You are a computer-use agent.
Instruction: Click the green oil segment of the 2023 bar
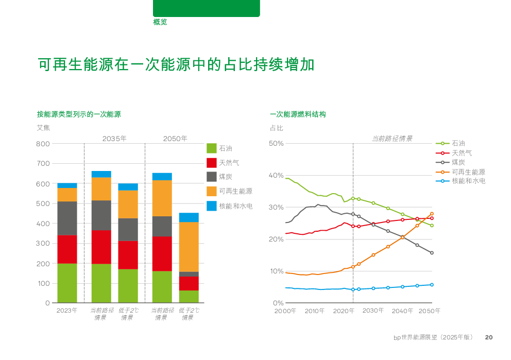coord(67,283)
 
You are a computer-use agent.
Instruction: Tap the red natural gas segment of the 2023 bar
coord(67,249)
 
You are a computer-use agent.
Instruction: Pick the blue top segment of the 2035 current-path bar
coord(101,174)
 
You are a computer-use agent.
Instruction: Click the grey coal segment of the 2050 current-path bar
coord(162,226)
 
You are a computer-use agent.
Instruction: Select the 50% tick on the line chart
coord(277,144)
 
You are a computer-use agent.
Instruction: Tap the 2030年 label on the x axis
coord(373,311)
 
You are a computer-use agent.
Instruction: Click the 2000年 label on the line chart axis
coord(285,311)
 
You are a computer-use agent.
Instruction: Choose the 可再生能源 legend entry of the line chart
coord(468,172)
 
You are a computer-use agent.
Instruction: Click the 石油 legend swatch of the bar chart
coord(212,148)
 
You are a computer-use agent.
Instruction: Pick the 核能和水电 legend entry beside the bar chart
coord(235,206)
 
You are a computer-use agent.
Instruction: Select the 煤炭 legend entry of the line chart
coord(458,162)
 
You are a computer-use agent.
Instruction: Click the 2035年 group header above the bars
coord(114,139)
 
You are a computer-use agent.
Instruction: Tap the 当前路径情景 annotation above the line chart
coord(392,139)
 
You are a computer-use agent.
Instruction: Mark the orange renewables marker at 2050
coord(432,214)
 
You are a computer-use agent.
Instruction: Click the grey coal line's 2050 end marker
coord(432,253)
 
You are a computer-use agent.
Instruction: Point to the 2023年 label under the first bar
coord(67,311)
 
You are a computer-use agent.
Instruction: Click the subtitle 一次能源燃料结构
coord(297,114)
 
